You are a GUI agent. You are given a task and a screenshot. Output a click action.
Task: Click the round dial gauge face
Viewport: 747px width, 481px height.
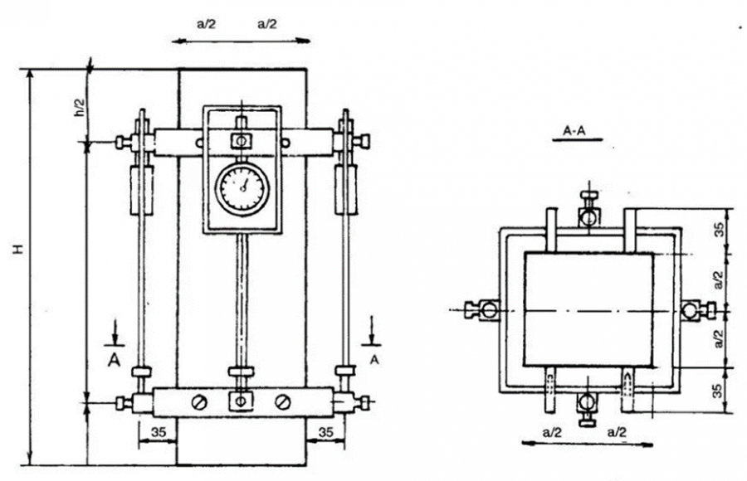(242, 188)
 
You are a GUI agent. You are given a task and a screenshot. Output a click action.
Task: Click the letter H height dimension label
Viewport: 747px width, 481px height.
(19, 249)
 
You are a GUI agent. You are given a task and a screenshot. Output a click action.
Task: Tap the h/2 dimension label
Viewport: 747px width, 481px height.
(81, 107)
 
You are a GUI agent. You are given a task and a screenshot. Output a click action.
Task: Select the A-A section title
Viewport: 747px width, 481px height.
(574, 130)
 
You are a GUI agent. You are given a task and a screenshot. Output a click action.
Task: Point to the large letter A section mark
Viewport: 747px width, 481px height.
(114, 360)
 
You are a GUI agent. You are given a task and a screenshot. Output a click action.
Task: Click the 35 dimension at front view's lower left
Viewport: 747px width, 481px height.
(159, 432)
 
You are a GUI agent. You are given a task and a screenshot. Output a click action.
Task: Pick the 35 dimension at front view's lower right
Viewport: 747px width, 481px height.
(326, 432)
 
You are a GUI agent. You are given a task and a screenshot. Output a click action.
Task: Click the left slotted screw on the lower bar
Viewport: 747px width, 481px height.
(199, 402)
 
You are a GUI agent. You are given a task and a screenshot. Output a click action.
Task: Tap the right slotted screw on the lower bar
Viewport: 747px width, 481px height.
(282, 402)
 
